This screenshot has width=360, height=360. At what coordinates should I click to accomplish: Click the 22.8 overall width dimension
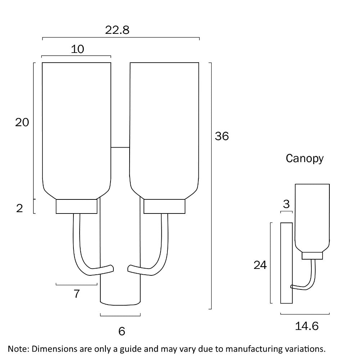pyautogui.click(x=117, y=30)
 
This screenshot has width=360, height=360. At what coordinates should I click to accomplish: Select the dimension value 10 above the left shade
pyautogui.click(x=77, y=49)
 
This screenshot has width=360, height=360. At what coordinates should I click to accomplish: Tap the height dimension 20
pyautogui.click(x=22, y=122)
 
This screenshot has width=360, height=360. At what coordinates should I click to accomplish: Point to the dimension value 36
pyautogui.click(x=222, y=136)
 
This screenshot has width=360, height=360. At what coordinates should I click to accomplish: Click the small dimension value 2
pyautogui.click(x=19, y=208)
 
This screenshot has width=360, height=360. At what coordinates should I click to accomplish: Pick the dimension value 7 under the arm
pyautogui.click(x=76, y=294)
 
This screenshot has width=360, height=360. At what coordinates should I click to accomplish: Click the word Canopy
pyautogui.click(x=305, y=158)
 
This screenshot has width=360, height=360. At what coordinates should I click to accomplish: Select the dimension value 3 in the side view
pyautogui.click(x=286, y=204)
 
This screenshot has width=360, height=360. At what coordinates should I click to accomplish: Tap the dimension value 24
pyautogui.click(x=260, y=265)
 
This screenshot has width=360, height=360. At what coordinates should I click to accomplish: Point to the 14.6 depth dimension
pyautogui.click(x=307, y=326)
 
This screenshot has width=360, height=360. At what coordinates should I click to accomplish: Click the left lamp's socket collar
pyautogui.click(x=77, y=206)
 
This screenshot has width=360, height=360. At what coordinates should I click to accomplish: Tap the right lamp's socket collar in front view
pyautogui.click(x=165, y=206)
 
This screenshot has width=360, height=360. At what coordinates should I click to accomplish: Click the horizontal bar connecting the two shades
pyautogui.click(x=120, y=147)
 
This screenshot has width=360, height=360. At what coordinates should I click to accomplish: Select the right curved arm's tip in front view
pyautogui.click(x=130, y=269)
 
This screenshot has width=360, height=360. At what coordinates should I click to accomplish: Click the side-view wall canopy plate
pyautogui.click(x=286, y=263)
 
